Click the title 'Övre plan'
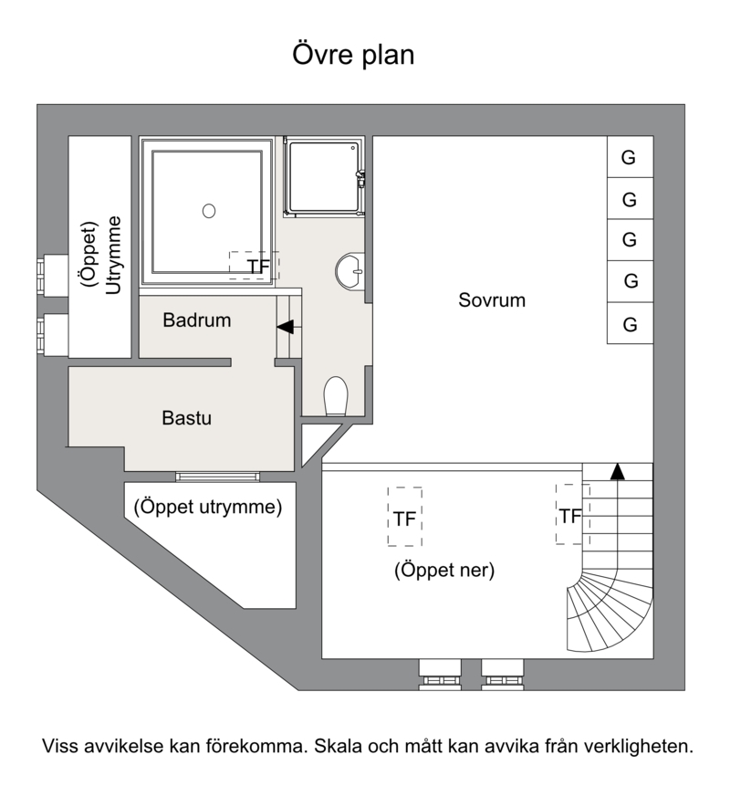[x=353, y=55]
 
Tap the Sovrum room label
[x=492, y=299]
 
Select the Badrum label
[x=197, y=320]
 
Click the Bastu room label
[x=186, y=418]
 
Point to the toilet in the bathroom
[x=335, y=396]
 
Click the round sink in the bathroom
[x=350, y=271]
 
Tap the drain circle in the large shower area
[x=209, y=210]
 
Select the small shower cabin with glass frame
[x=324, y=178]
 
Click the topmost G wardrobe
[x=630, y=156]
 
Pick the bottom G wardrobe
[x=630, y=323]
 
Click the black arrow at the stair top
[x=617, y=472]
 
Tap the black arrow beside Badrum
[x=286, y=327]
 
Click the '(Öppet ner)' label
[x=444, y=570]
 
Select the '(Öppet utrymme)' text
[x=208, y=507]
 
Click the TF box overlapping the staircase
[x=572, y=514]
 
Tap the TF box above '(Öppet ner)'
[x=405, y=517]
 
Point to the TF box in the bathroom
[x=254, y=265]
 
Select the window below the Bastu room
[x=217, y=477]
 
